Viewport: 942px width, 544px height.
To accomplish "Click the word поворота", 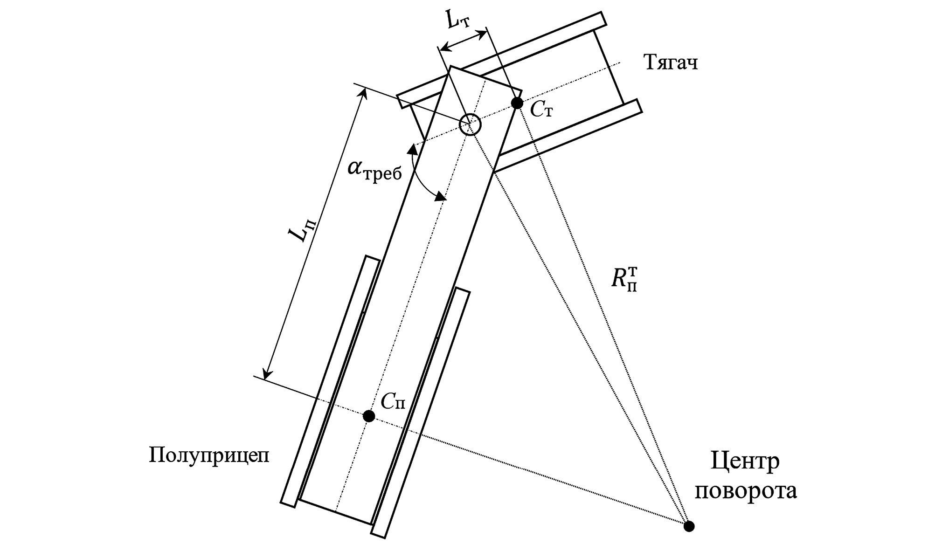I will click(745, 491).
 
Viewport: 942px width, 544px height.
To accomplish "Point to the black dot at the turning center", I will click(688, 526).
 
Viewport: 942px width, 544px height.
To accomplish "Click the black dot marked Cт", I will click(517, 103).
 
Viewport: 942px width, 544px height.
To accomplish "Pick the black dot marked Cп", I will click(369, 416).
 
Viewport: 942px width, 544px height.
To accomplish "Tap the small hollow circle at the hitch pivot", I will click(470, 124).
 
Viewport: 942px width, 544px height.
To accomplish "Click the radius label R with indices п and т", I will click(625, 280).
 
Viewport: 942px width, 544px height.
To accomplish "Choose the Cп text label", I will click(393, 400).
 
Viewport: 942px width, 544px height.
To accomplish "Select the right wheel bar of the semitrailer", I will click(421, 413).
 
